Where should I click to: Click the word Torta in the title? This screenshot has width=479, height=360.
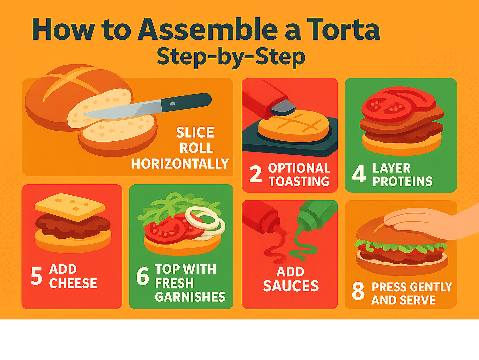click(x=343, y=29)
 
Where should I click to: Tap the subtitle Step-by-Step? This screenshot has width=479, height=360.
click(x=231, y=57)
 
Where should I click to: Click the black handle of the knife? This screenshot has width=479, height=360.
click(x=186, y=102)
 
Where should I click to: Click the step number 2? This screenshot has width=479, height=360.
click(x=255, y=174)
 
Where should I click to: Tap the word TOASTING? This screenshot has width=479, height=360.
click(x=299, y=182)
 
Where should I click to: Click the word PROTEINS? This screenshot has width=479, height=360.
click(x=403, y=181)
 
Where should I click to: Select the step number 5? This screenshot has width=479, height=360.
click(x=36, y=276)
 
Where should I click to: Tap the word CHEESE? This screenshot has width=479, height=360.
click(x=73, y=283)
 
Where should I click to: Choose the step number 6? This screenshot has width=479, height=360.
click(x=143, y=276)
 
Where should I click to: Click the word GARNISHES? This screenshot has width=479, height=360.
click(x=190, y=297)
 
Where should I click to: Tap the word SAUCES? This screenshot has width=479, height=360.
click(x=291, y=286)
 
